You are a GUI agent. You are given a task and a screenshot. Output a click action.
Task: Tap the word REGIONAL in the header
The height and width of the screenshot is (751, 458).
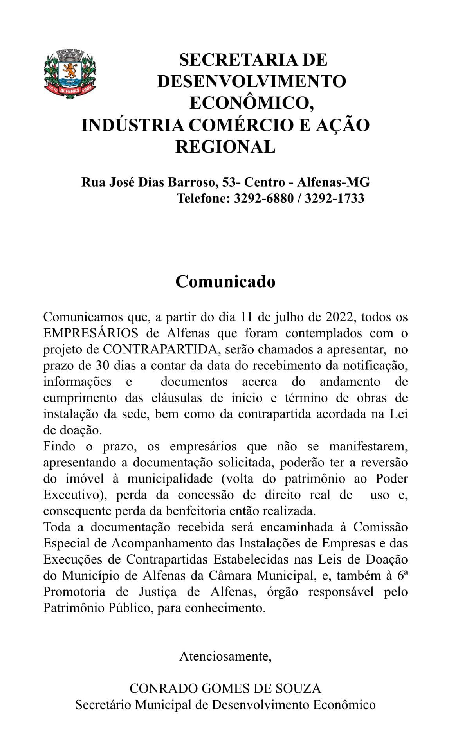pos(225,147)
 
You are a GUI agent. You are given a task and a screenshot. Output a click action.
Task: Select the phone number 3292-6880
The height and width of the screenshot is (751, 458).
pos(263,198)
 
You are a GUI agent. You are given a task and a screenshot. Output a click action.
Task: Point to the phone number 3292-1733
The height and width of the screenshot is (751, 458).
pos(334,198)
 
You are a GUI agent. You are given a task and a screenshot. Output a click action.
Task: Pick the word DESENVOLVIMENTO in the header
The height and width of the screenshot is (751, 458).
pos(252,81)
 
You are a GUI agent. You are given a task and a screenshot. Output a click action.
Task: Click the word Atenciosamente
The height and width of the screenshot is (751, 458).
pos(225,656)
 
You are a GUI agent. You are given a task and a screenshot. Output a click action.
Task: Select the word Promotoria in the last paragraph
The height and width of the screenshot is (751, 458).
pos(74,592)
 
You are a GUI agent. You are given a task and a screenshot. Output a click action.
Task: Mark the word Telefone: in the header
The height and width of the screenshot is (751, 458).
pos(203,198)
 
